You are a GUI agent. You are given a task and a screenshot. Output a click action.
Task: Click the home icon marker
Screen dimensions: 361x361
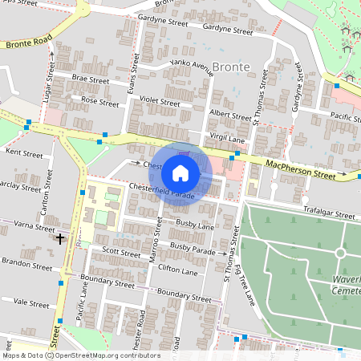tap(180, 172)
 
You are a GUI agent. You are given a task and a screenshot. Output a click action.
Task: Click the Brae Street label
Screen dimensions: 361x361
tap(90, 79)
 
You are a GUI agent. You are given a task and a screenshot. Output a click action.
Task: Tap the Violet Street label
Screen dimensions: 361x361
tap(159, 103)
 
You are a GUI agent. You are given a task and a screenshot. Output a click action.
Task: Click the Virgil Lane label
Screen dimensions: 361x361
tap(227, 137)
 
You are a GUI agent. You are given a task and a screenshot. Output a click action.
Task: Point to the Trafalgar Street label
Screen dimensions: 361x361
tap(327, 215)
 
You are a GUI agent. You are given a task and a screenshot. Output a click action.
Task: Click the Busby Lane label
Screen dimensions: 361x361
tap(190, 227)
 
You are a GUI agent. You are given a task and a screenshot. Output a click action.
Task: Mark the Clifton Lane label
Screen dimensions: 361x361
tap(178, 272)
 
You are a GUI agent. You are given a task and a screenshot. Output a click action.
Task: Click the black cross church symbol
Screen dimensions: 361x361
tap(59, 238)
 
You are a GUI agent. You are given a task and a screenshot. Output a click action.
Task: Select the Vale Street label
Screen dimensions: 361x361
tap(32, 302)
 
